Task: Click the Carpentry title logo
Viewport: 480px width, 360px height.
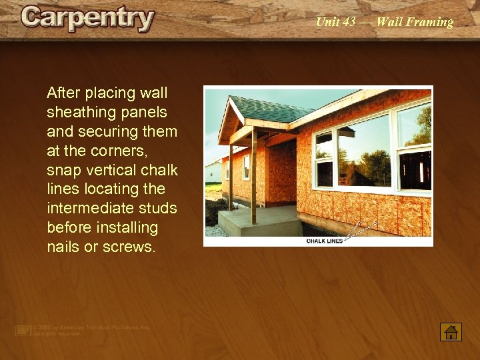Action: pyautogui.click(x=87, y=18)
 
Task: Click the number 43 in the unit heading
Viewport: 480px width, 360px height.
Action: pyautogui.click(x=349, y=22)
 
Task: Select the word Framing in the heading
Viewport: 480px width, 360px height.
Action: pyautogui.click(x=430, y=22)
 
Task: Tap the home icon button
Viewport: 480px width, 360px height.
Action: pyautogui.click(x=451, y=331)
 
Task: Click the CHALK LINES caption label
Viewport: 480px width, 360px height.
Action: pyautogui.click(x=324, y=241)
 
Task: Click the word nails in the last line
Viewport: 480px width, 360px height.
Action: pyautogui.click(x=64, y=247)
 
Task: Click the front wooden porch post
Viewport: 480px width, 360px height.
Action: pyautogui.click(x=253, y=177)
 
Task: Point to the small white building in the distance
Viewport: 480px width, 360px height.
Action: pyautogui.click(x=213, y=171)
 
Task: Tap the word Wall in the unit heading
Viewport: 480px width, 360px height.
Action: pyautogui.click(x=389, y=22)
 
